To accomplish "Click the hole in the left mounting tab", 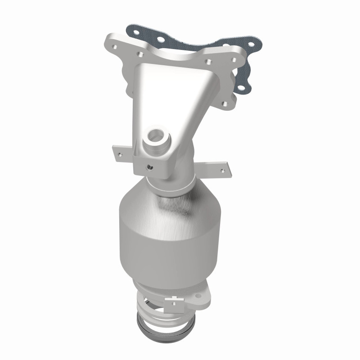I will [x=120, y=154].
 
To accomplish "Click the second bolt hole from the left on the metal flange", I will [x=140, y=54].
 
